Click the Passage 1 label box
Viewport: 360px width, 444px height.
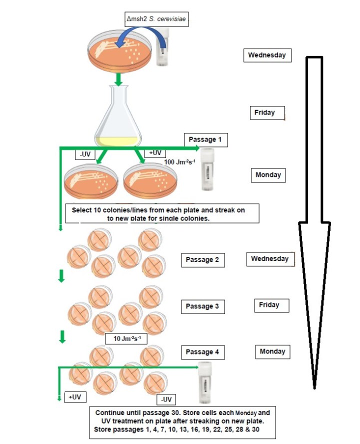coord(205,140)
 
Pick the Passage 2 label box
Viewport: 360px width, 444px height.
coord(202,260)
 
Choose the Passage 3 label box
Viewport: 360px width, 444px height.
coord(202,306)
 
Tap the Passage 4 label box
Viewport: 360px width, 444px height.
coord(202,352)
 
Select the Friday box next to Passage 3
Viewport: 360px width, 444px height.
coord(269,305)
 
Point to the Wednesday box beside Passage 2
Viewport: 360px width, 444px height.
coord(270,259)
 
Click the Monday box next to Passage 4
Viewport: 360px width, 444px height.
coord(271,352)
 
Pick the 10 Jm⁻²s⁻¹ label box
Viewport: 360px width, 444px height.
coord(127,338)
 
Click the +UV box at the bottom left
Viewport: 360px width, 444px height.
coord(75,397)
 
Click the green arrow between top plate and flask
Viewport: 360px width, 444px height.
coord(118,78)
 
